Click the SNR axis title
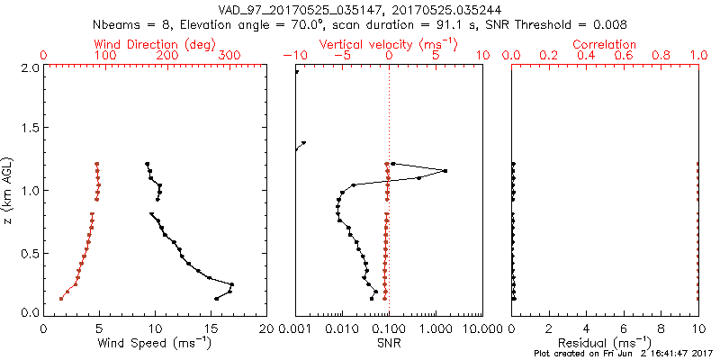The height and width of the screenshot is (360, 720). click(x=389, y=343)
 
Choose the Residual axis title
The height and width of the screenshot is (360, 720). click(x=606, y=343)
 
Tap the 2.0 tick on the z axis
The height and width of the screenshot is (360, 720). click(x=30, y=67)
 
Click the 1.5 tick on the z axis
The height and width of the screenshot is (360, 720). click(x=30, y=129)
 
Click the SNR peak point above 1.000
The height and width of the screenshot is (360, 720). click(x=445, y=171)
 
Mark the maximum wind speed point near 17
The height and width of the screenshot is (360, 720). click(x=232, y=284)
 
